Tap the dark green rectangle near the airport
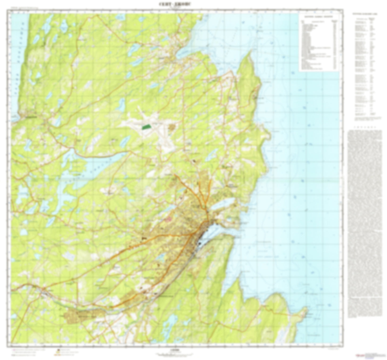click(146, 127)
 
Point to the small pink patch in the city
click(168, 219)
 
